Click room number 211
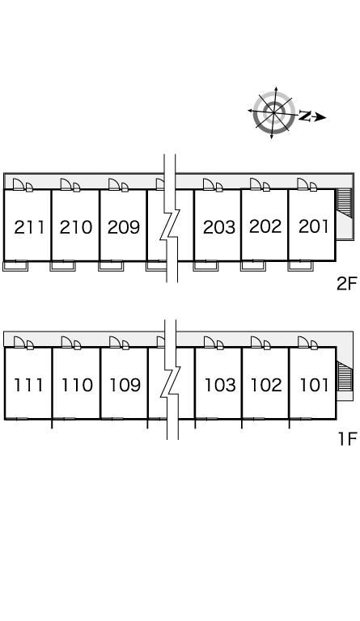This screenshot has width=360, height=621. tap(29, 227)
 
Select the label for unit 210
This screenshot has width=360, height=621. tap(76, 227)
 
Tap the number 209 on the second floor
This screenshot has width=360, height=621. tap(124, 227)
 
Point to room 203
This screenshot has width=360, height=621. tap(219, 227)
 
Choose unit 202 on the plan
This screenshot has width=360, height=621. tap(265, 226)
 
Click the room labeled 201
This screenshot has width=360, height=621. tap(314, 226)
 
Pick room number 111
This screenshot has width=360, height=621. tap(28, 385)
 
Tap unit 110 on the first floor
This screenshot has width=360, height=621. tap(77, 385)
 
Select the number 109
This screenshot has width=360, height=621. tap(125, 385)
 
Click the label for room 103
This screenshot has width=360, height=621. tap(220, 385)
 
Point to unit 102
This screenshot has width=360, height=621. tap(266, 385)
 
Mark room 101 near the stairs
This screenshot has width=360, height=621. tap(314, 385)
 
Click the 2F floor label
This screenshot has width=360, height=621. tap(347, 284)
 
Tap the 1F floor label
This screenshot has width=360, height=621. tap(348, 439)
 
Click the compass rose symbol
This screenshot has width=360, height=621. tap(274, 112)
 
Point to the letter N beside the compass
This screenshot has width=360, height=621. tap(305, 116)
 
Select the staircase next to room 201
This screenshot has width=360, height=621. tap(344, 202)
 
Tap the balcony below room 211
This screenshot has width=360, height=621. tap(15, 266)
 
